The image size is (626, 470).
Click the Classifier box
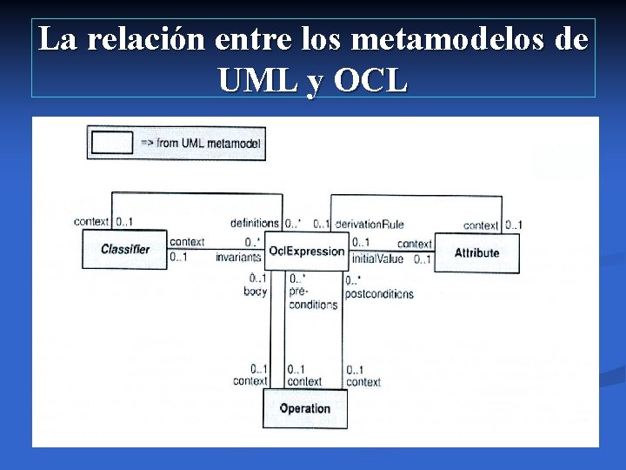(x=125, y=250)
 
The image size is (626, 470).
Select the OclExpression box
(x=306, y=252)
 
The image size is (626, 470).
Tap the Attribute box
(x=476, y=252)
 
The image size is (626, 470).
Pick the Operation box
(x=305, y=408)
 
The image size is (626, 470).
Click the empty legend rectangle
(x=112, y=143)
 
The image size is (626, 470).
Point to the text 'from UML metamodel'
(x=209, y=143)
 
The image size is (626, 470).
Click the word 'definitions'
(x=255, y=224)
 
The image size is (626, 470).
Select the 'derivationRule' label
(x=370, y=225)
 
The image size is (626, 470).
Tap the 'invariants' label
(x=238, y=258)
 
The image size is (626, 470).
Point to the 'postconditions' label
(x=379, y=294)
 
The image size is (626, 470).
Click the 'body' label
(x=256, y=292)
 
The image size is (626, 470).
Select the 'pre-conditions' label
(x=312, y=299)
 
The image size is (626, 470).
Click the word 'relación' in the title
(x=143, y=40)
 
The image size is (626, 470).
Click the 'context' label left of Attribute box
(x=415, y=244)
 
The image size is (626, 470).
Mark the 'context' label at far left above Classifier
(x=91, y=222)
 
